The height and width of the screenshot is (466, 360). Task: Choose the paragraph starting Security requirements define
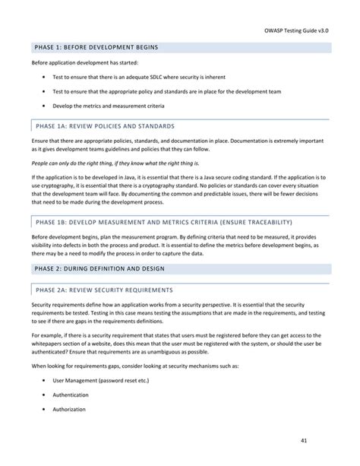point(179,312)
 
